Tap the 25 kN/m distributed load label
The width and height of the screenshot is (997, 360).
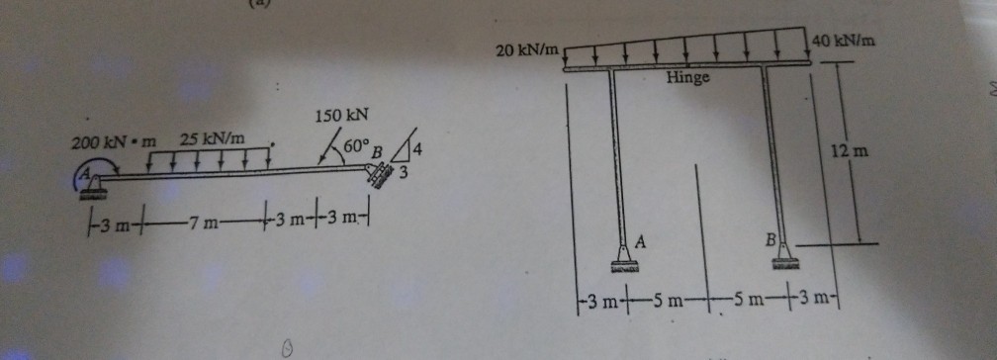pos(213,138)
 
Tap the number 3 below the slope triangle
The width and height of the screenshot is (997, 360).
pos(403,174)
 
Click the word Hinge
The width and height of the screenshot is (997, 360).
pos(686,77)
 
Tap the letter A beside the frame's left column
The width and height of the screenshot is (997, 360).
pos(640,240)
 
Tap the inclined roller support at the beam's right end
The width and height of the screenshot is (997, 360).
pos(378,175)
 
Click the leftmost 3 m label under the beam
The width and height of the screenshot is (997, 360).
pos(123,218)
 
